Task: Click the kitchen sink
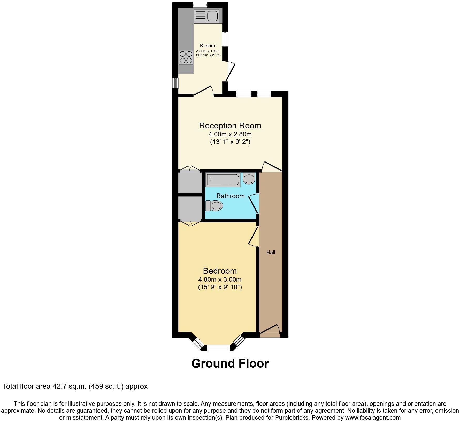coord(206,16)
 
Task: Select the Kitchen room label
coord(208,46)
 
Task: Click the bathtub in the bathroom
coord(223,180)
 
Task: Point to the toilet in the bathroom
coord(214,206)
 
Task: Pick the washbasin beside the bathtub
coord(249,178)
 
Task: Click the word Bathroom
coord(231,196)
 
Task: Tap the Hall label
coord(271,253)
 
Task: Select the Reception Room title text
coord(230,126)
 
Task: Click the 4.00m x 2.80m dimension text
coord(230,134)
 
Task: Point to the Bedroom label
coord(220,271)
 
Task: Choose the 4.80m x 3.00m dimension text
coord(220,279)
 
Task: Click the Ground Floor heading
coord(230,363)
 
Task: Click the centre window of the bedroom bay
coord(218,348)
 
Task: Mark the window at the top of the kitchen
coord(200,5)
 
